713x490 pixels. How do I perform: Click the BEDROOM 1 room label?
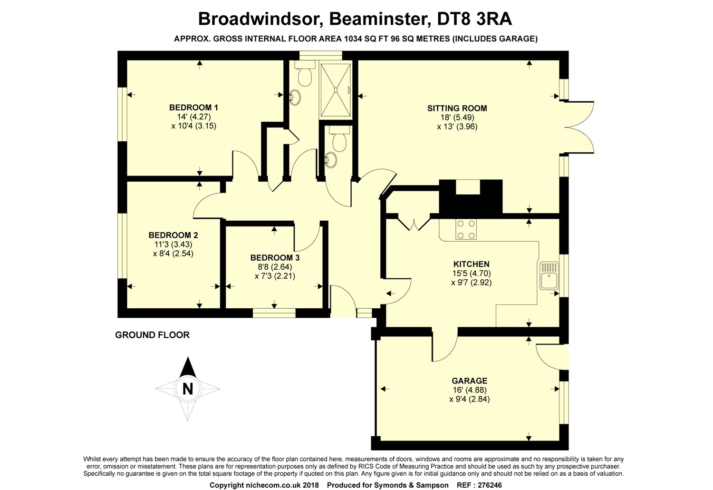coord(193,107)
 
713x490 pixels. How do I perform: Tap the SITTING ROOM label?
coord(457,108)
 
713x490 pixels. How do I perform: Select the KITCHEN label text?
coord(471,264)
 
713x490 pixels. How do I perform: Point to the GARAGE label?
coord(469,381)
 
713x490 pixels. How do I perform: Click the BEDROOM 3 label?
coord(275,257)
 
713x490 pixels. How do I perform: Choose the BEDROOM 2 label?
coord(173,235)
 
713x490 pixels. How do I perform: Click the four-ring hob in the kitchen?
coord(466,229)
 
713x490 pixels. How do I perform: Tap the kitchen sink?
coord(549,275)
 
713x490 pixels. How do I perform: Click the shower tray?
coord(336,89)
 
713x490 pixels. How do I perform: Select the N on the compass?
coord(188,389)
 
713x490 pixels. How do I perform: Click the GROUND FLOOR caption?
coord(152,335)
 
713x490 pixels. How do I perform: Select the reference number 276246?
coord(485,485)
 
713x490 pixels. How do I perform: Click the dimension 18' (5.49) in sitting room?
coord(457,118)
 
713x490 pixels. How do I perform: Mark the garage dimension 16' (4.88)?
coord(469,390)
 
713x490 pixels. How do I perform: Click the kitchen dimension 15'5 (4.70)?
coord(471,273)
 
